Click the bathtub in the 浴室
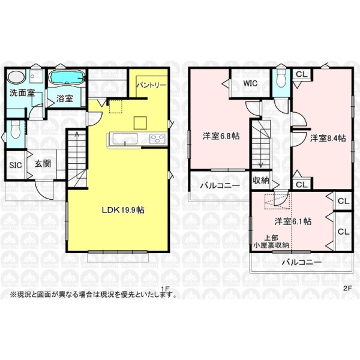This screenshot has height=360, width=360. tap(67, 79)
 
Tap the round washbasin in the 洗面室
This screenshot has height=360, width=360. tap(16, 77)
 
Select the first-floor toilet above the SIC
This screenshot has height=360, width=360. tap(16, 130)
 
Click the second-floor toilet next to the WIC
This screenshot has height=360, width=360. tap(281, 79)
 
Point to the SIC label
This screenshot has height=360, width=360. tap(16, 165)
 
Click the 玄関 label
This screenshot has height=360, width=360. tap(43, 164)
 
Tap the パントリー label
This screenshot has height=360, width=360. tap(151, 85)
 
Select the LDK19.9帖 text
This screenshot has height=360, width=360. tap(123, 210)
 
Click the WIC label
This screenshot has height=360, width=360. tap(250, 83)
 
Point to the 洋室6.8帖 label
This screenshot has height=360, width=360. tap(221, 136)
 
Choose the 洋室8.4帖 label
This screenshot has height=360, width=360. tap(328, 138)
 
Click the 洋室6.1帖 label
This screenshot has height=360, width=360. tap(293, 221)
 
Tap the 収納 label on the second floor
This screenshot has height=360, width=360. tap(261, 181)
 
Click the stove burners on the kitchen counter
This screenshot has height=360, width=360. tap(157, 139)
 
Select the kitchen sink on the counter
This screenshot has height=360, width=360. tap(125, 139)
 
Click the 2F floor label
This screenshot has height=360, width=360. tap(347, 289)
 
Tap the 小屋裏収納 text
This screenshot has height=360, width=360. tap(271, 245)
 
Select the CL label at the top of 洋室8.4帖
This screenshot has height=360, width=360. tap(301, 74)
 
